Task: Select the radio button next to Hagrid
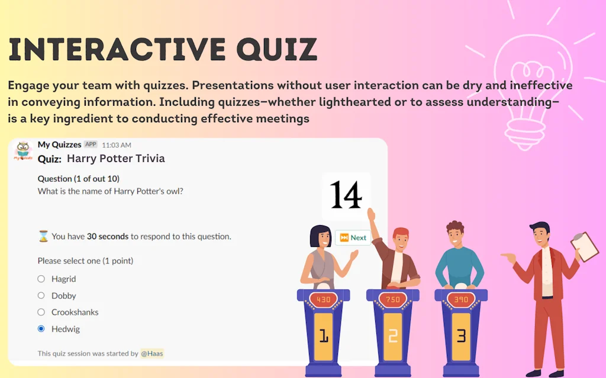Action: pyautogui.click(x=41, y=279)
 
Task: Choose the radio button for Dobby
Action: pyautogui.click(x=41, y=295)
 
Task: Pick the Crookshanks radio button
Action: pyautogui.click(x=41, y=312)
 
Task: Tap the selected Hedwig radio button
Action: pyautogui.click(x=41, y=328)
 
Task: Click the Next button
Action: pyautogui.click(x=353, y=237)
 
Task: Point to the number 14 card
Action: pyautogui.click(x=346, y=195)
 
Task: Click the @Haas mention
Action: pyautogui.click(x=152, y=353)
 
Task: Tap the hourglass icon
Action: pyautogui.click(x=43, y=236)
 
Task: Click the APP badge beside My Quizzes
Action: pyautogui.click(x=91, y=144)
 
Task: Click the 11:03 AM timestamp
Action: pyautogui.click(x=117, y=145)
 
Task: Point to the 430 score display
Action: pyautogui.click(x=323, y=300)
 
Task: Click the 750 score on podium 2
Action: pyautogui.click(x=392, y=300)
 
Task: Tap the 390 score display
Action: pyautogui.click(x=461, y=300)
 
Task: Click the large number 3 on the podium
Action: pyautogui.click(x=461, y=336)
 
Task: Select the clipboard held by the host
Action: pyautogui.click(x=584, y=246)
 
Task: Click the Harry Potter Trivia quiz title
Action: pyautogui.click(x=115, y=158)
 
